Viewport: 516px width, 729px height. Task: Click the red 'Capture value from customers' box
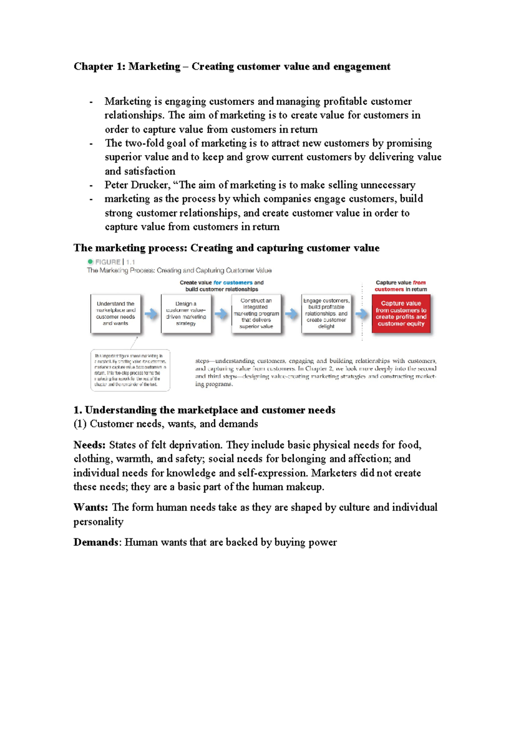coord(401,313)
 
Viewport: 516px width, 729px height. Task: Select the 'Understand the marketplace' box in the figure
coord(115,313)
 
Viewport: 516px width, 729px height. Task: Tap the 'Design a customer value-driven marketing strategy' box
coord(186,313)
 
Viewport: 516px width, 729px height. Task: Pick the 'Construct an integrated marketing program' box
coord(256,313)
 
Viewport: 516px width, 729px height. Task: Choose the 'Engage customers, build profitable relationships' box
coord(326,313)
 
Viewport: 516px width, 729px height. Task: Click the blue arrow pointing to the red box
coord(361,314)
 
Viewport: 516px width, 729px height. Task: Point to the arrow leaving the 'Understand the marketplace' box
coord(150,314)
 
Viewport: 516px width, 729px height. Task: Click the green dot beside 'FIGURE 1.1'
coord(90,262)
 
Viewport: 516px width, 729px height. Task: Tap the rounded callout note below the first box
coord(130,370)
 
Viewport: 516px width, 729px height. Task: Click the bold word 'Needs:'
coord(89,445)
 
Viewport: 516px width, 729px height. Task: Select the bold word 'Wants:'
coord(90,507)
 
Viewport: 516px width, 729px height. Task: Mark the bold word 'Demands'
coord(95,542)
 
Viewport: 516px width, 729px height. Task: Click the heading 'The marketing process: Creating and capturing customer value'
coord(226,248)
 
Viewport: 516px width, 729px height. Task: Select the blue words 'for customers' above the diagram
coord(233,282)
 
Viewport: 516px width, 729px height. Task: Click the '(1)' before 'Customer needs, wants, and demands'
coord(80,424)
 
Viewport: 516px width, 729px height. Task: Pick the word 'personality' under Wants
coord(98,521)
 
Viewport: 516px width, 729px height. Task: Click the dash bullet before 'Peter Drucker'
coord(91,186)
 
